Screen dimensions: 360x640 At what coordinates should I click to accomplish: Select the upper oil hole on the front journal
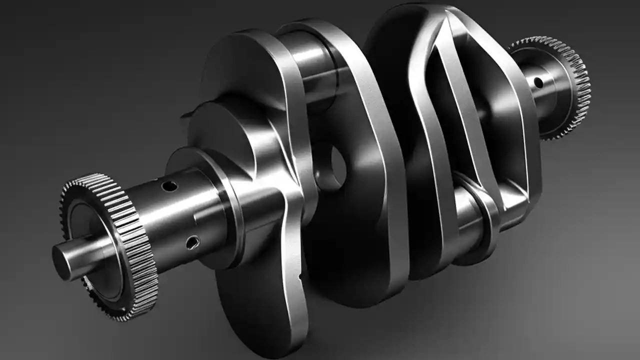tap(169, 186)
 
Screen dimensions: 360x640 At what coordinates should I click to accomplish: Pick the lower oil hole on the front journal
tap(192, 243)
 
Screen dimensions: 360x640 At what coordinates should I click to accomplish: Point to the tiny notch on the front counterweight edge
tap(300, 275)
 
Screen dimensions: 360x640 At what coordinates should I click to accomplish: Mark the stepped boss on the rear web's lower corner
tap(515, 200)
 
